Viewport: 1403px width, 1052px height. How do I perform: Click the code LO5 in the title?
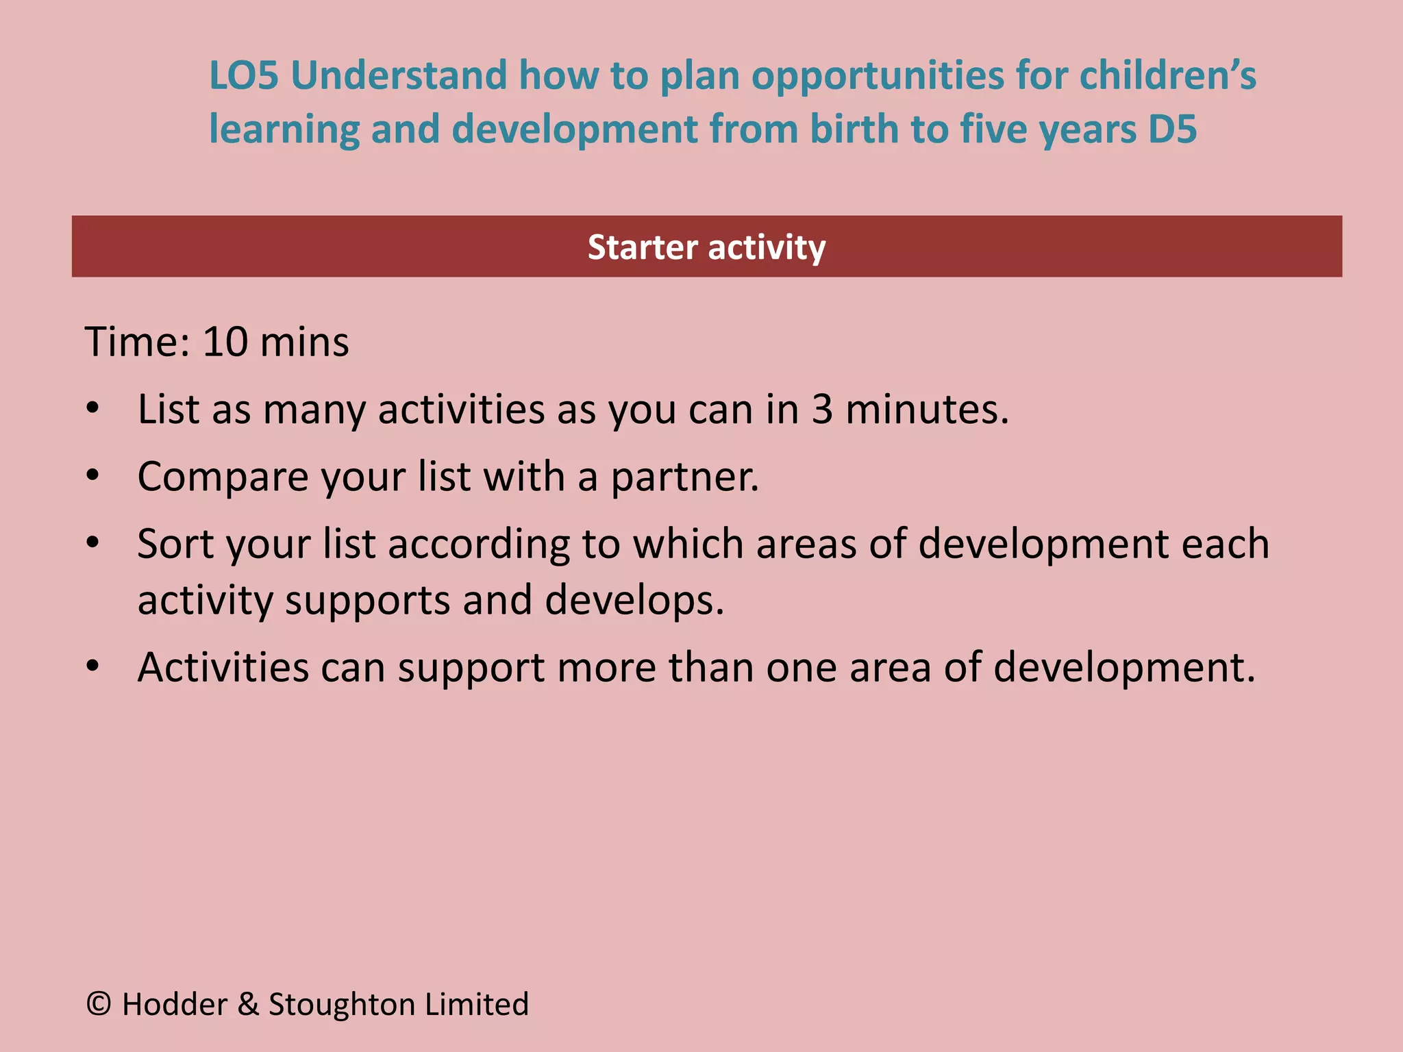coord(244,75)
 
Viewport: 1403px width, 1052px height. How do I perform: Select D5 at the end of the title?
coord(1172,129)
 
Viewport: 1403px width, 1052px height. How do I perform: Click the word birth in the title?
coord(853,129)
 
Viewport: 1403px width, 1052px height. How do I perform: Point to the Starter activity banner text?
coord(706,247)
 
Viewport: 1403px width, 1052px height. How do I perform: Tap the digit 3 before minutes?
coord(822,410)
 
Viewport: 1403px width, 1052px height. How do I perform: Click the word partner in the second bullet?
coord(684,477)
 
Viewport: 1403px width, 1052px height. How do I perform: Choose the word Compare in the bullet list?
coord(223,477)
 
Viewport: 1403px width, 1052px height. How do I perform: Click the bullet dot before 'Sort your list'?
coord(93,543)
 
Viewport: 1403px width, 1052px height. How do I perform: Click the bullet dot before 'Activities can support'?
coord(93,666)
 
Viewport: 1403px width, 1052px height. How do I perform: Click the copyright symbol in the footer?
coord(99,1004)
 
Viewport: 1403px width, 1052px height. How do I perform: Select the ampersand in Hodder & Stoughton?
coord(248,1004)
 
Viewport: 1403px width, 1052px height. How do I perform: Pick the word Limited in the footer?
coord(477,1004)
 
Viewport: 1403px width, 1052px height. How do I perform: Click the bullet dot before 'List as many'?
coord(93,409)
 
